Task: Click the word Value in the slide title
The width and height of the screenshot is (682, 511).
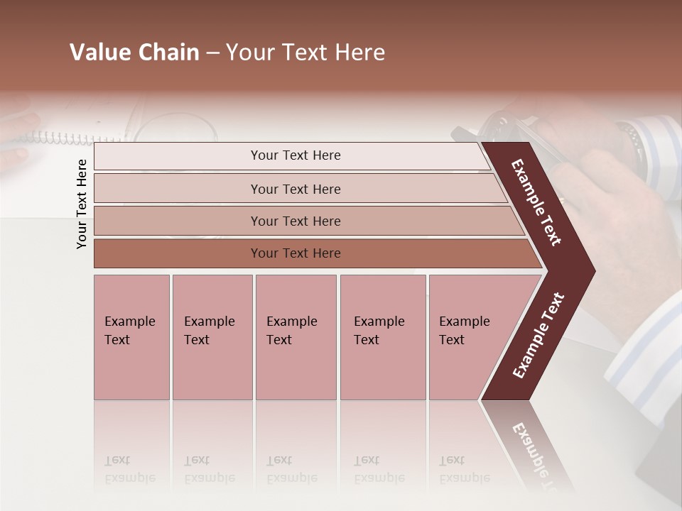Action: click(x=99, y=53)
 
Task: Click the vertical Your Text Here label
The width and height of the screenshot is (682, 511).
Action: click(x=82, y=204)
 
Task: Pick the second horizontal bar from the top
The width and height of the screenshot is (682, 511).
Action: click(x=296, y=189)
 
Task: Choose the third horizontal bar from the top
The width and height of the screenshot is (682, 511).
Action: click(x=296, y=221)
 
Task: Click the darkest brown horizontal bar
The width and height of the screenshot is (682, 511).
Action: click(x=296, y=253)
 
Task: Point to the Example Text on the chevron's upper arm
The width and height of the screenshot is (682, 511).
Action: click(x=536, y=203)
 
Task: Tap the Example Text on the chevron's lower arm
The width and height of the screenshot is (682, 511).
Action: click(x=538, y=336)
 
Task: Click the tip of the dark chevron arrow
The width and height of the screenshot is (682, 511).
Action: click(x=594, y=270)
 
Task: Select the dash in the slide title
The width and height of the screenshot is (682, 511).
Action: click(x=212, y=53)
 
